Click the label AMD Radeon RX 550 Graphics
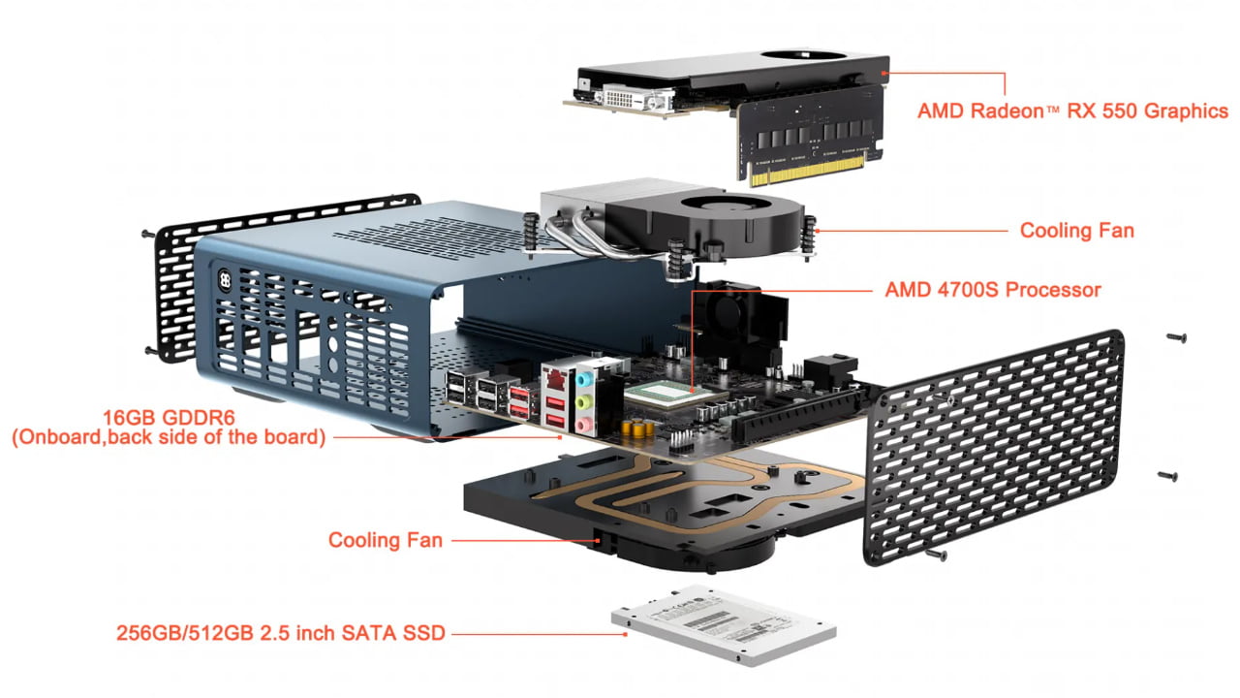[x=1072, y=111]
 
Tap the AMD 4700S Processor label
[x=993, y=290]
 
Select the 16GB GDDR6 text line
[x=169, y=417]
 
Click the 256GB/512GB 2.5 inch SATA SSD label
[x=281, y=633]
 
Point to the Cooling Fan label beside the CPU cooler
[x=1077, y=231]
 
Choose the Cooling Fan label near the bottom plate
[x=386, y=540]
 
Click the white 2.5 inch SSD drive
[x=724, y=625]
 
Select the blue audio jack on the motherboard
[x=585, y=379]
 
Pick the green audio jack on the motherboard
[x=584, y=402]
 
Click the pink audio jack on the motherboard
[x=583, y=426]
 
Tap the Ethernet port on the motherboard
[x=554, y=378]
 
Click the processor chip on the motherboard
[x=667, y=394]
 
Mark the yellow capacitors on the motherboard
[x=637, y=428]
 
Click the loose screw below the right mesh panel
[x=936, y=554]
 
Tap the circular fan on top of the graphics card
[x=804, y=55]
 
